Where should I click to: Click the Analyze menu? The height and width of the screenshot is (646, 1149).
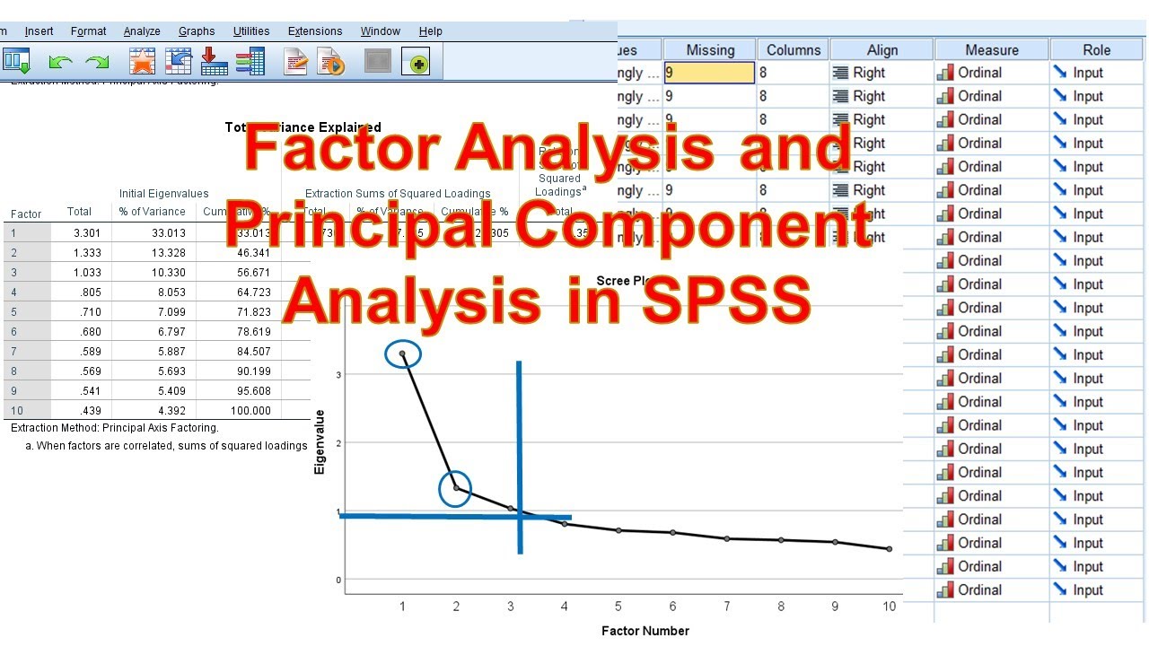pyautogui.click(x=142, y=31)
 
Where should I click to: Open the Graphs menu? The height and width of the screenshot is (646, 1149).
pyautogui.click(x=197, y=31)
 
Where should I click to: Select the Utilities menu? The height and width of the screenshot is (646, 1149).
pyautogui.click(x=251, y=31)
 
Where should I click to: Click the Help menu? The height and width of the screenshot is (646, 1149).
pyautogui.click(x=431, y=31)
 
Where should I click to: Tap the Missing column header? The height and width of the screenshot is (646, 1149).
pyautogui.click(x=710, y=50)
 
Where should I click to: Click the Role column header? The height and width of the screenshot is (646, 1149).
pyautogui.click(x=1096, y=50)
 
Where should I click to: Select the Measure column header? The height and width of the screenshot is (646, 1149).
pyautogui.click(x=992, y=50)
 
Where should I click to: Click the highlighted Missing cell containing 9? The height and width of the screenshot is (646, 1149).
pyautogui.click(x=709, y=73)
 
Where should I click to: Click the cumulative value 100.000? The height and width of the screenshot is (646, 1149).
pyautogui.click(x=250, y=411)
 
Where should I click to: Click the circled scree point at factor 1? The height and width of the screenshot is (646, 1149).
pyautogui.click(x=402, y=354)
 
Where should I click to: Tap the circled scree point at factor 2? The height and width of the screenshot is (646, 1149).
pyautogui.click(x=456, y=488)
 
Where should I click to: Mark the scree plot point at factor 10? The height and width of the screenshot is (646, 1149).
pyautogui.click(x=890, y=548)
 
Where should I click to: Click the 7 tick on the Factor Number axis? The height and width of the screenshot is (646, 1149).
pyautogui.click(x=727, y=607)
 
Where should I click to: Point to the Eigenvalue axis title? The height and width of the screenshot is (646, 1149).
pyautogui.click(x=320, y=441)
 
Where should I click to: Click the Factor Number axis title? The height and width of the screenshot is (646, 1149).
pyautogui.click(x=645, y=631)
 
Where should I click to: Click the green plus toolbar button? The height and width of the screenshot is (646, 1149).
pyautogui.click(x=416, y=62)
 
